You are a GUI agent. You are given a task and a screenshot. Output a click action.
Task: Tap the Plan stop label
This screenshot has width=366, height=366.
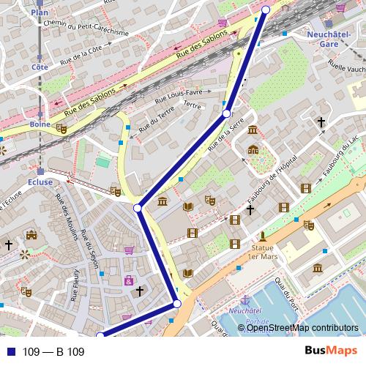tap(40, 13)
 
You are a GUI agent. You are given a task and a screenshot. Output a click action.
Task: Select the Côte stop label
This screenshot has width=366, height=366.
tap(40, 67)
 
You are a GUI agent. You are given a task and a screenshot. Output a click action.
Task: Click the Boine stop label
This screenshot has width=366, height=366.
tap(40, 124)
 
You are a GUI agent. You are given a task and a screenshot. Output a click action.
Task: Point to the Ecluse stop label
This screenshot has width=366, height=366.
tap(40, 182)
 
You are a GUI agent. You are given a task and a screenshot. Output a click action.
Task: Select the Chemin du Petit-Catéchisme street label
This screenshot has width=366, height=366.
tap(86, 29)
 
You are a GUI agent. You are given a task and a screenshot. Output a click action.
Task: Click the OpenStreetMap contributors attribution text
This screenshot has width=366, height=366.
tap(302, 328)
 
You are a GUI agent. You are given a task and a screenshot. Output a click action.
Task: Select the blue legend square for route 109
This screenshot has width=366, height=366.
tap(10, 352)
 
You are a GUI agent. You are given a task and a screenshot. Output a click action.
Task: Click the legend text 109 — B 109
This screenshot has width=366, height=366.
tap(53, 352)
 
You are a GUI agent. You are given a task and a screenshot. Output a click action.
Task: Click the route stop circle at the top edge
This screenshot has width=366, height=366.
tap(266, 9)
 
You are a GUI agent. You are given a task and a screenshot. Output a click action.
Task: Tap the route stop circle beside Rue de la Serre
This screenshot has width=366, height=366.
tap(227, 113)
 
